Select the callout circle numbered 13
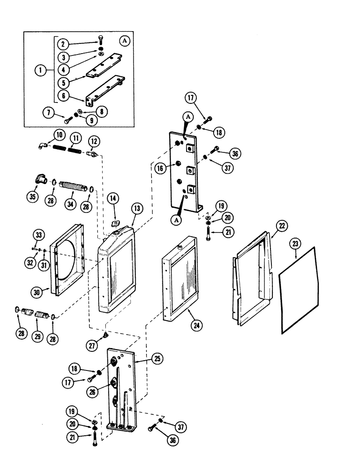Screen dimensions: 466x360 click(137, 208)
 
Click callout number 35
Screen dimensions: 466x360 click(33, 197)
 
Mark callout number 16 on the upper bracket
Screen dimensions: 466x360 click(161, 169)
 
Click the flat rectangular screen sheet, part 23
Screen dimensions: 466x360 click(298, 303)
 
